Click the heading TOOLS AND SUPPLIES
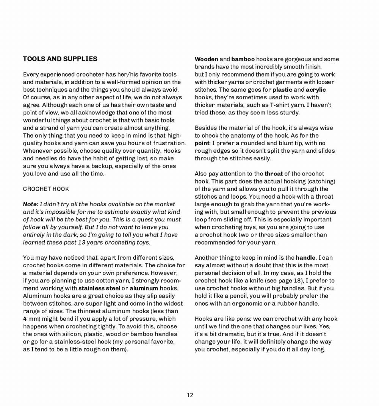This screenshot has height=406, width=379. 60,59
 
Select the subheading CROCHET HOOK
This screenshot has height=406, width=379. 46,189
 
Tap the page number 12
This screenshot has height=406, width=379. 190,395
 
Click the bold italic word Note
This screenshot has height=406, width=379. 30,204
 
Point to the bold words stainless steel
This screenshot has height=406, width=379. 99,288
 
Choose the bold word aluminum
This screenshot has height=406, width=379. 144,288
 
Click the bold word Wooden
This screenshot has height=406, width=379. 206,59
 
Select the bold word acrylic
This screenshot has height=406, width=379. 316,90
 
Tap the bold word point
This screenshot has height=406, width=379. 202,143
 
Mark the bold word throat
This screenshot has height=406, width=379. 274,174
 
